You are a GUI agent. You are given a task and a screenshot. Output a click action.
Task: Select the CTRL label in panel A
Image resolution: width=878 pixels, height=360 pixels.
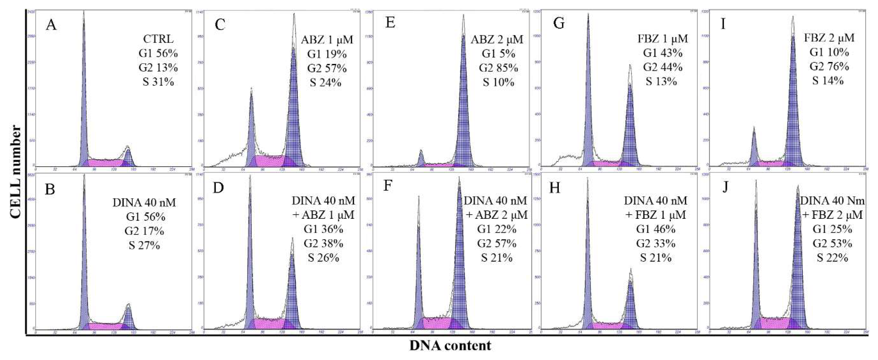[x=158, y=39]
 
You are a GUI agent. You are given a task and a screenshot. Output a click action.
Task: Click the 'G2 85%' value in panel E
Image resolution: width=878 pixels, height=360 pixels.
[x=498, y=68]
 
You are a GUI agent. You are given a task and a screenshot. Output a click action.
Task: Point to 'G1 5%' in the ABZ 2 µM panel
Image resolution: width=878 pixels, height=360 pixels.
[x=498, y=53]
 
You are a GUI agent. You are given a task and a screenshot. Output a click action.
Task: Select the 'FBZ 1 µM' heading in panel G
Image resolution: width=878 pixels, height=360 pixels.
[x=663, y=38]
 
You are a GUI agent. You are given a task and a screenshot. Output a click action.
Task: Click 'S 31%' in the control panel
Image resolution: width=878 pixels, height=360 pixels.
[x=158, y=82]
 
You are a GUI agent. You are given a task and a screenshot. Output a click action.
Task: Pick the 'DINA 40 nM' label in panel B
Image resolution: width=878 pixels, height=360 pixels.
[x=144, y=202]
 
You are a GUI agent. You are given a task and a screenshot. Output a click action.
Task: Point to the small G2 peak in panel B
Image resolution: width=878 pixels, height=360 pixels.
[x=128, y=315]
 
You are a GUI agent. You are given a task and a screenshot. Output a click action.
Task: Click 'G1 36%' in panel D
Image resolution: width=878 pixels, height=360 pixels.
[x=323, y=229]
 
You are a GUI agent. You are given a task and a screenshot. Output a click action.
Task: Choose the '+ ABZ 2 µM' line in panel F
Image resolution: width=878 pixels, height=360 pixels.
[x=497, y=215]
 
